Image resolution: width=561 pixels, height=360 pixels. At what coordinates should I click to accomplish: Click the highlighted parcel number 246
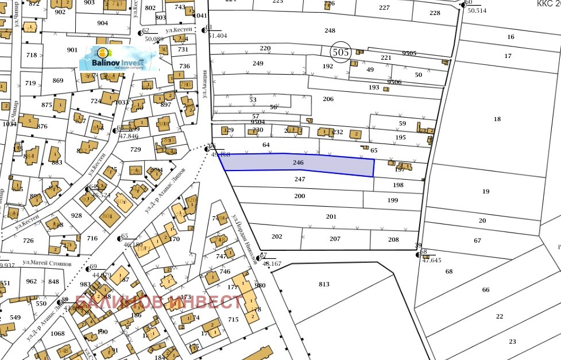pyautogui.click(x=297, y=163)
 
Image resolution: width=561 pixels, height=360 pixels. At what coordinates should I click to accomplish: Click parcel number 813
pyautogui.click(x=324, y=284)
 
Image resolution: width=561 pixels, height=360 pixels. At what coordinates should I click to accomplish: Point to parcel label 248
pyautogui.click(x=330, y=30)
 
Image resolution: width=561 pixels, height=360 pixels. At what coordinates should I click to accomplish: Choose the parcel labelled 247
pyautogui.click(x=300, y=179)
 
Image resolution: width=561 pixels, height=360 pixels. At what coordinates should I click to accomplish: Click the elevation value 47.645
pyautogui.click(x=431, y=260)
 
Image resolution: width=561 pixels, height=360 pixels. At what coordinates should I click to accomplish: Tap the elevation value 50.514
pyautogui.click(x=477, y=10)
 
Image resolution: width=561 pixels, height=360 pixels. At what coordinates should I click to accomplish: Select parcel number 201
pyautogui.click(x=331, y=216)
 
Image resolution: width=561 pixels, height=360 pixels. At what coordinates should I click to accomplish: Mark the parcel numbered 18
pyautogui.click(x=497, y=119)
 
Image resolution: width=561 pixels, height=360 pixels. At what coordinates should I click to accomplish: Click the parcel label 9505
pyautogui.click(x=409, y=53)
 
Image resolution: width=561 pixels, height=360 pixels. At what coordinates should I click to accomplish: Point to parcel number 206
pyautogui.click(x=328, y=99)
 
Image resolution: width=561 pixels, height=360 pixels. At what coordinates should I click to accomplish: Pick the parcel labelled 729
pyautogui.click(x=136, y=149)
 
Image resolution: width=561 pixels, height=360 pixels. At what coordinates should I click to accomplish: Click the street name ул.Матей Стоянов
pyautogui.click(x=47, y=262)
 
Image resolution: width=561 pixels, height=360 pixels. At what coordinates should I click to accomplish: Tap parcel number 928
pyautogui.click(x=76, y=215)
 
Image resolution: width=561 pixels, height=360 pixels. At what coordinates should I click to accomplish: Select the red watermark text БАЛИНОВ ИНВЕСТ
pyautogui.click(x=159, y=301)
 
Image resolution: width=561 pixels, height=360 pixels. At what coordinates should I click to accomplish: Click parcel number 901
pyautogui.click(x=72, y=50)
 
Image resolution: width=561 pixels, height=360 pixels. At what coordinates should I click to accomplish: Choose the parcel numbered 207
pyautogui.click(x=335, y=239)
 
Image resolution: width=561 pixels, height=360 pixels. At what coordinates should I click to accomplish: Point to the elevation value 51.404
pyautogui.click(x=217, y=36)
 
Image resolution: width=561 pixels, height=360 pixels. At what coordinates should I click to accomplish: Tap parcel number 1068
pyautogui.click(x=57, y=334)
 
